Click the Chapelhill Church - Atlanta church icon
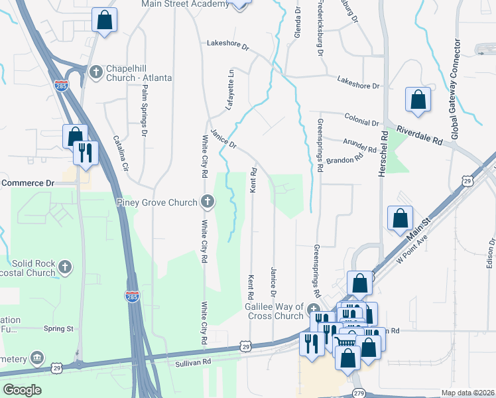point(96,70)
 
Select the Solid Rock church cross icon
point(64,267)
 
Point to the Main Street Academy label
point(185,4)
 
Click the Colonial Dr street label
point(361,119)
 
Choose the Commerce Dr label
point(28,182)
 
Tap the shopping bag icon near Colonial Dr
point(418,99)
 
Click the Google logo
point(23,390)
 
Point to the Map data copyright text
point(468,393)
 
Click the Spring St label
point(59,328)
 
